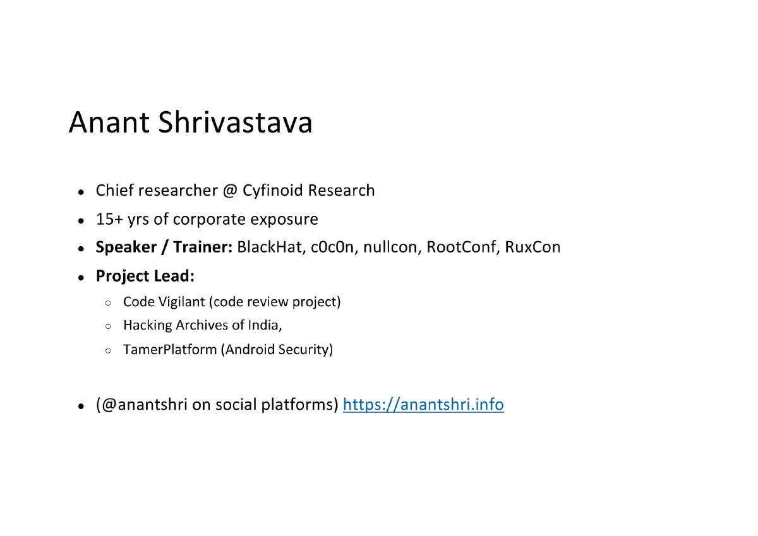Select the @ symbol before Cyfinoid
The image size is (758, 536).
[229, 191]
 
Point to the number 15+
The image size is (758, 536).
[109, 219]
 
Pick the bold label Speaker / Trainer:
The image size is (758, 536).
[164, 247]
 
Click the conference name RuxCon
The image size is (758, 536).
[532, 247]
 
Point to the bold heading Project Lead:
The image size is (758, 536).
[145, 276]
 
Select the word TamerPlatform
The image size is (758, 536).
[170, 349]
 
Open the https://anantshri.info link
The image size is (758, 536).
[423, 405]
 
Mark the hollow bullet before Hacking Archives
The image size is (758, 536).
[109, 327]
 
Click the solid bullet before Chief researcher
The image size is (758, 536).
[81, 192]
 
